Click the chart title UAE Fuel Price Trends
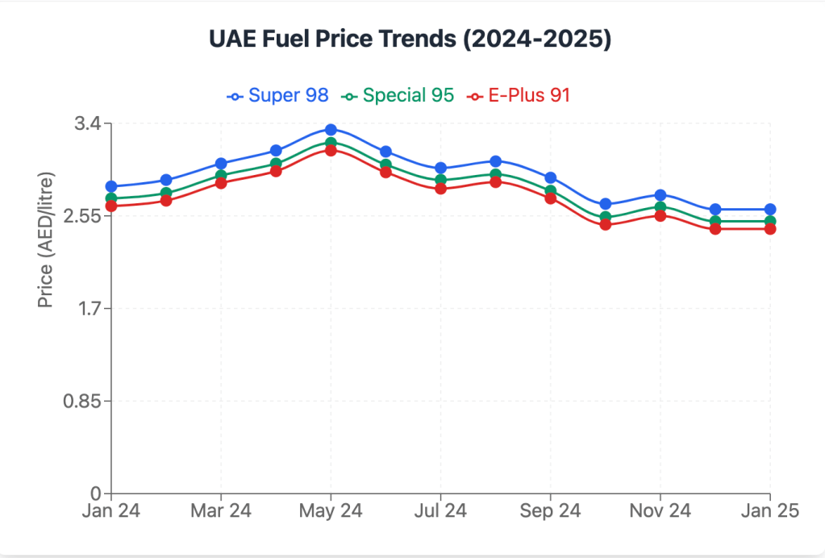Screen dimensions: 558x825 coord(410,40)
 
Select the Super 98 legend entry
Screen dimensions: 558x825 coord(278,95)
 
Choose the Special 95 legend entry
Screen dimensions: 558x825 coord(397,95)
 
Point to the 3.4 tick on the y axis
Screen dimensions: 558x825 coord(89,124)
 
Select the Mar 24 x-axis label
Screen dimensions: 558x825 coord(221,511)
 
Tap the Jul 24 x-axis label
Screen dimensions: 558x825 coord(440,511)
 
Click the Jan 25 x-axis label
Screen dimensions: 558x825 coord(769,511)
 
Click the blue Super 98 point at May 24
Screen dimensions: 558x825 coord(331,129)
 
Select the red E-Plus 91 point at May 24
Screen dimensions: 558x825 coord(331,150)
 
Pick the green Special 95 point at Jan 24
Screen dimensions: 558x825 coord(111,198)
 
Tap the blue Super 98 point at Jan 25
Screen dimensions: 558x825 coord(770,210)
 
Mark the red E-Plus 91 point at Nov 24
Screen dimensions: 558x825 coord(660,215)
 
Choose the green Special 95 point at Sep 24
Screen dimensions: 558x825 coord(551,191)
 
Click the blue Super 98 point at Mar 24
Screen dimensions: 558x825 coord(221,164)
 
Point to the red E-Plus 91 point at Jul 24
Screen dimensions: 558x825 coord(440,188)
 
